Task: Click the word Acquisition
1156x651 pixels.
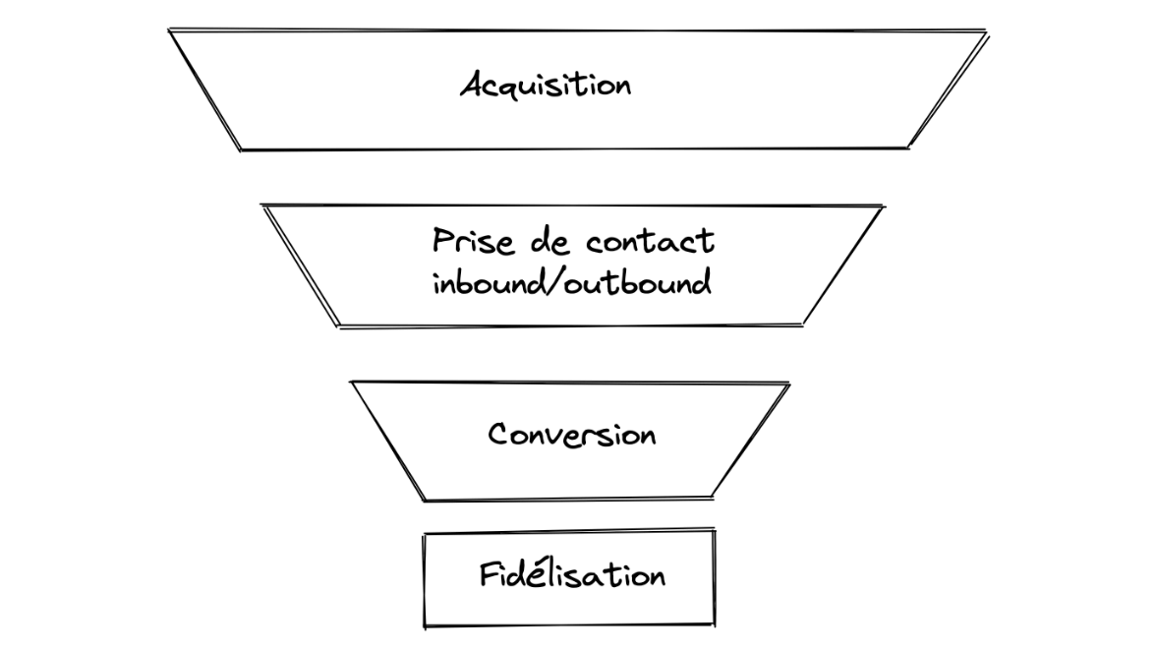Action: (546, 86)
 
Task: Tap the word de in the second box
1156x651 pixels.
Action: (542, 241)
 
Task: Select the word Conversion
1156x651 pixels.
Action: (571, 434)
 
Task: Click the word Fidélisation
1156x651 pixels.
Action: (572, 573)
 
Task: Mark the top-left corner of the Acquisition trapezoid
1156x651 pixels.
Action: (169, 30)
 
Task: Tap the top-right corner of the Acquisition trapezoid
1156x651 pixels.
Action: (986, 32)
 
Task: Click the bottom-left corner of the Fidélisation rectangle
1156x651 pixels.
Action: (425, 625)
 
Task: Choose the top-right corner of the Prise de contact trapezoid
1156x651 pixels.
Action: (882, 207)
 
